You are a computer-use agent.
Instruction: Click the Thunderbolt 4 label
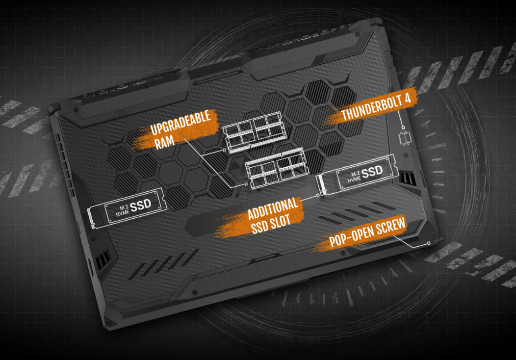(379, 108)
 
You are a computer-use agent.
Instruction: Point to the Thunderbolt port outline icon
(405, 137)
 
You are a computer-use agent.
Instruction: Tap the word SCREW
(389, 229)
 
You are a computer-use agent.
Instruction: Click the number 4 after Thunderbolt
(411, 100)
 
